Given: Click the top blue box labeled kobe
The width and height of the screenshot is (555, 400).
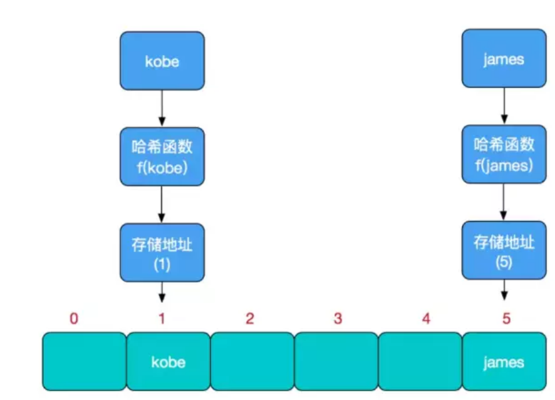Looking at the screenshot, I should tap(162, 61).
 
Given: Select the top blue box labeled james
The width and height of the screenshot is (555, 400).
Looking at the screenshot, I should tap(504, 59).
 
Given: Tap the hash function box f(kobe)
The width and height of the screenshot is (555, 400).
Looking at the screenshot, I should tap(162, 156).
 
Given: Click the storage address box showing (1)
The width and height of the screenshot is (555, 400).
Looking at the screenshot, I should tap(162, 252).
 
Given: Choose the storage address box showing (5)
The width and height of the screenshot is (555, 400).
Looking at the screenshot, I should tap(504, 250).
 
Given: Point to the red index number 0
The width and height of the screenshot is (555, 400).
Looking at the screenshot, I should tap(74, 319).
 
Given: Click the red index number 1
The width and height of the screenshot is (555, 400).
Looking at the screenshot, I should tap(162, 319).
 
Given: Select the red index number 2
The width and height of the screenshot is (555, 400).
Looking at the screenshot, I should tap(249, 319).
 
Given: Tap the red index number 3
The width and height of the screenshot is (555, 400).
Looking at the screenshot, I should tap(338, 319).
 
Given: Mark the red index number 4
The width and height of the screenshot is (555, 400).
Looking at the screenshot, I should tap(426, 319).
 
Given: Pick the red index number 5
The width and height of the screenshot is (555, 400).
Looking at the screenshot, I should tap(506, 319).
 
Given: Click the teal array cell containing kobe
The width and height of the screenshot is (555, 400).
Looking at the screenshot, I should tap(168, 362).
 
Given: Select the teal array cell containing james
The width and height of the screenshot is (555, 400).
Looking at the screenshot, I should tap(504, 362).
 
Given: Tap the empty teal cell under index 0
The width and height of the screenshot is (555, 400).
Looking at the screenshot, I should tap(84, 362).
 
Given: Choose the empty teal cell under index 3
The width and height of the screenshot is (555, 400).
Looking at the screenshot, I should tap(336, 362).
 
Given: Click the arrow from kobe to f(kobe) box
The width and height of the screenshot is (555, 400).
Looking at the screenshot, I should tap(162, 108).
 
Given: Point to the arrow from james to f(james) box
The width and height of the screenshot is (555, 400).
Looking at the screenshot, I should tap(504, 106).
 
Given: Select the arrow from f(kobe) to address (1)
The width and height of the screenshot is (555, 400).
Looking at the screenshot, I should tap(162, 204).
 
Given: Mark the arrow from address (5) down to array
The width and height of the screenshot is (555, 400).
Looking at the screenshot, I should tap(504, 289).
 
